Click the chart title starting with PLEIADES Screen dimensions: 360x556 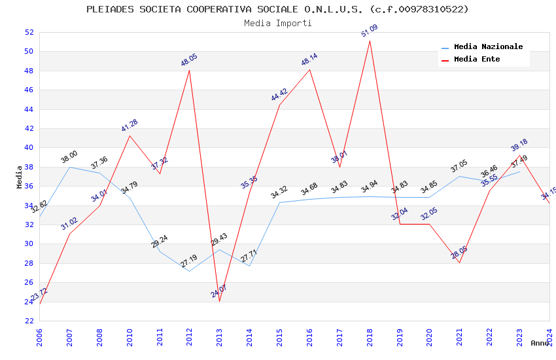(277, 9)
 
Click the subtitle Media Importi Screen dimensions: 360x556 (277, 23)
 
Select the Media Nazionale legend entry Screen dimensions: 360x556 (488, 46)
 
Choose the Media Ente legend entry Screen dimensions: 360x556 (477, 59)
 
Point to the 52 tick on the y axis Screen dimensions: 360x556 (29, 32)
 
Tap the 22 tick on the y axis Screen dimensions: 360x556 (29, 321)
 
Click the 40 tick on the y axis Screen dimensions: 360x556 (29, 148)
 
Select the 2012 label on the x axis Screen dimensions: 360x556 (190, 337)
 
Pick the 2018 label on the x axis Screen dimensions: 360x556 (370, 337)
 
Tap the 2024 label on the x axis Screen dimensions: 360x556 (549, 337)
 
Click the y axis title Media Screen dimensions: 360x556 (20, 177)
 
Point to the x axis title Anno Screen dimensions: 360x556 (540, 343)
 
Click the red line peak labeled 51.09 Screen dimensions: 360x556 (370, 41)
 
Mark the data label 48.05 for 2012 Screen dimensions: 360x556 (189, 60)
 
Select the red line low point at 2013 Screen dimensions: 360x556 (219, 301)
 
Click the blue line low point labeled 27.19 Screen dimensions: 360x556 (189, 271)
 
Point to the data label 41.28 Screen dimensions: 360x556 (130, 126)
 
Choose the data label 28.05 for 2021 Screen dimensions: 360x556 (459, 253)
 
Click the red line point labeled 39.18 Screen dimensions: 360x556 (519, 156)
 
